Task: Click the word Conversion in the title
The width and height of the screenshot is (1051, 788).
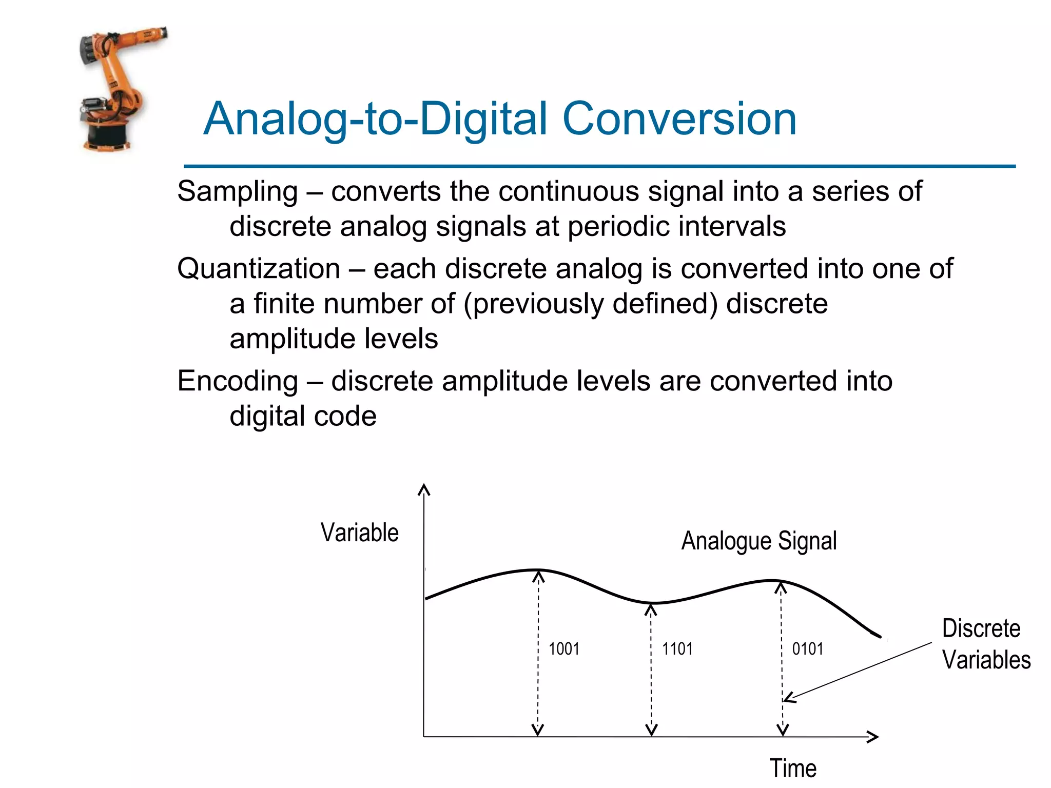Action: pos(679,119)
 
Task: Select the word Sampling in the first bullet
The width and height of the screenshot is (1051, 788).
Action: pos(238,192)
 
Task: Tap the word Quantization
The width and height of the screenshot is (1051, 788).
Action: pos(259,269)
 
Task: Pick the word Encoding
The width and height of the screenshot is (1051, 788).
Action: pos(238,381)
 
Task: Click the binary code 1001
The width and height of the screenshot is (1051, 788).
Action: pos(563,649)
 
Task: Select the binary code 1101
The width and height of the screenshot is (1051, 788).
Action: pos(677,649)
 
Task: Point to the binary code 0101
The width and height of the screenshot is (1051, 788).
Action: pos(807,649)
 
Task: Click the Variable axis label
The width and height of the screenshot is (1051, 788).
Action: pos(359,533)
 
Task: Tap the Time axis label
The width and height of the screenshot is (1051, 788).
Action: pos(792,769)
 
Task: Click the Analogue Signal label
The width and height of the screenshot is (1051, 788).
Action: pos(758,541)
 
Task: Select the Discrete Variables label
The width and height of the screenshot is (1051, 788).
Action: pos(985,644)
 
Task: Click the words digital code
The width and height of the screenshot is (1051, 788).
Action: pos(303,416)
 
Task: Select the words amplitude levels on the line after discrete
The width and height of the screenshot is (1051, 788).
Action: pos(334,339)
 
